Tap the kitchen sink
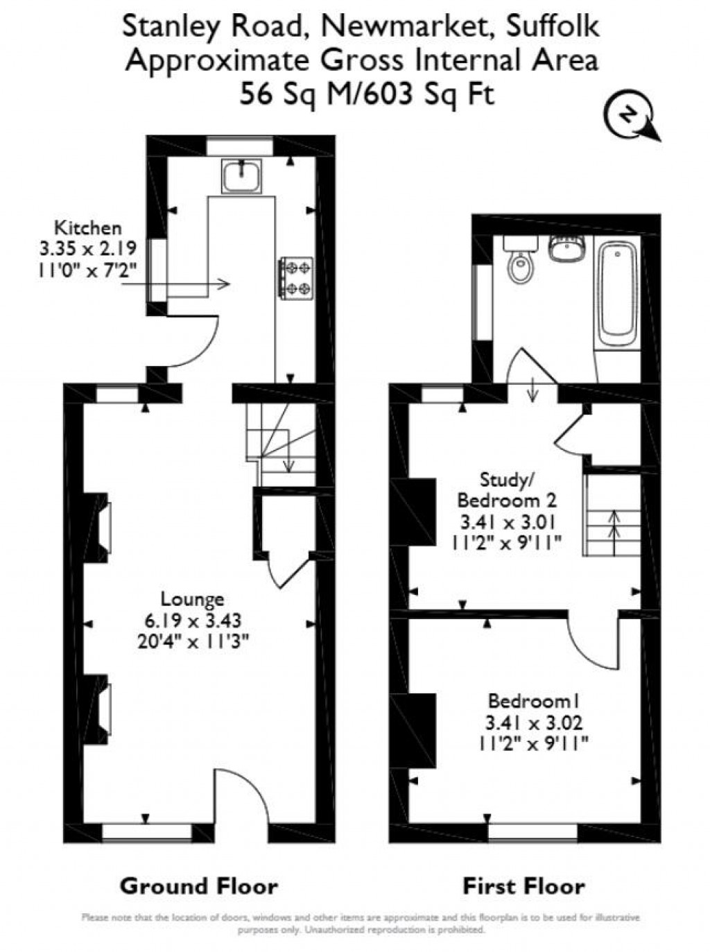(x=241, y=175)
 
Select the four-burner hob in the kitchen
(x=297, y=278)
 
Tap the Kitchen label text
(x=88, y=227)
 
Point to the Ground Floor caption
(x=199, y=885)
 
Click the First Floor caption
(x=523, y=885)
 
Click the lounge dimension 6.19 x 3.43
(x=192, y=619)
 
